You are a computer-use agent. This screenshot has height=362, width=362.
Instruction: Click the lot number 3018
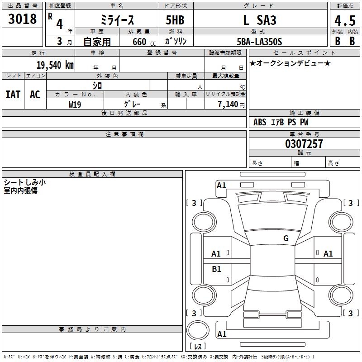coord(22,19)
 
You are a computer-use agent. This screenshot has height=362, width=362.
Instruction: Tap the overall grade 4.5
coord(345,20)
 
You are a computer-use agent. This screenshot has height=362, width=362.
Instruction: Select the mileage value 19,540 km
coord(55,65)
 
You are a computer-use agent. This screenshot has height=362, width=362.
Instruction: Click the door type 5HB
coord(175,20)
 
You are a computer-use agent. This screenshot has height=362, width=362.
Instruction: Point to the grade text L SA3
coord(260,20)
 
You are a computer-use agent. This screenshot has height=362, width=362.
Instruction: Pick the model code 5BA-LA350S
coord(259,42)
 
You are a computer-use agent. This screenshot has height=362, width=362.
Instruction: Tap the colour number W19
coord(75,105)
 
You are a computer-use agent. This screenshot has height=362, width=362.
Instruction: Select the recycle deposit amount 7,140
coord(228,105)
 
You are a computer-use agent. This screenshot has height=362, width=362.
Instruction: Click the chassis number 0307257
coord(304,144)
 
